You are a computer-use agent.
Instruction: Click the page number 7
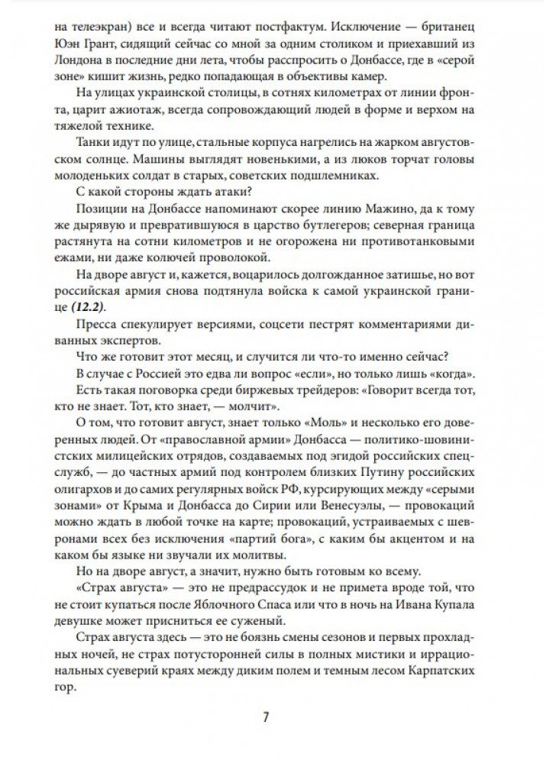point(266,717)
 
